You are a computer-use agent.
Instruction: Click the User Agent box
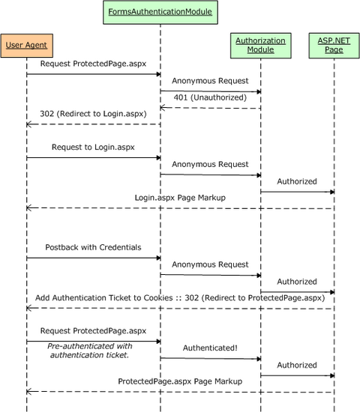[x=26, y=46]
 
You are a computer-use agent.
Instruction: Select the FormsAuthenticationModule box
[x=160, y=12]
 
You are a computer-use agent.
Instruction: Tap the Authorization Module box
[x=260, y=46]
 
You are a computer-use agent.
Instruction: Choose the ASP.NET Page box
[x=333, y=46]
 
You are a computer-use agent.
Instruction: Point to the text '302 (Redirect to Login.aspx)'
[x=92, y=113]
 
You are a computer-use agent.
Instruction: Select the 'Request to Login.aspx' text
[x=91, y=148]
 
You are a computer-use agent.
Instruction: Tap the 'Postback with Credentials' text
[x=92, y=247]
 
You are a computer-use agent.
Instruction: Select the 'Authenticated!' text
[x=210, y=348]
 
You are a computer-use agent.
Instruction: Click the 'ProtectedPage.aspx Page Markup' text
[x=180, y=381]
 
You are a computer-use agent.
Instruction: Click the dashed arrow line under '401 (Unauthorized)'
[x=210, y=108]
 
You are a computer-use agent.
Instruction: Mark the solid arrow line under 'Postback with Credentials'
[x=93, y=258]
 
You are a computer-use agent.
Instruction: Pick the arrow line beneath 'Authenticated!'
[x=210, y=358]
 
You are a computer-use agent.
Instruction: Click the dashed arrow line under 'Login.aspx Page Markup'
[x=180, y=208]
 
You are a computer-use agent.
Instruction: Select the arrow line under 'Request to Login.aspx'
[x=93, y=157]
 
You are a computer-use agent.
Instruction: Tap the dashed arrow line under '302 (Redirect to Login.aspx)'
[x=93, y=124]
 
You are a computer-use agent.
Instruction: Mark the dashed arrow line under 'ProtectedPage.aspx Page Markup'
[x=180, y=392]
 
